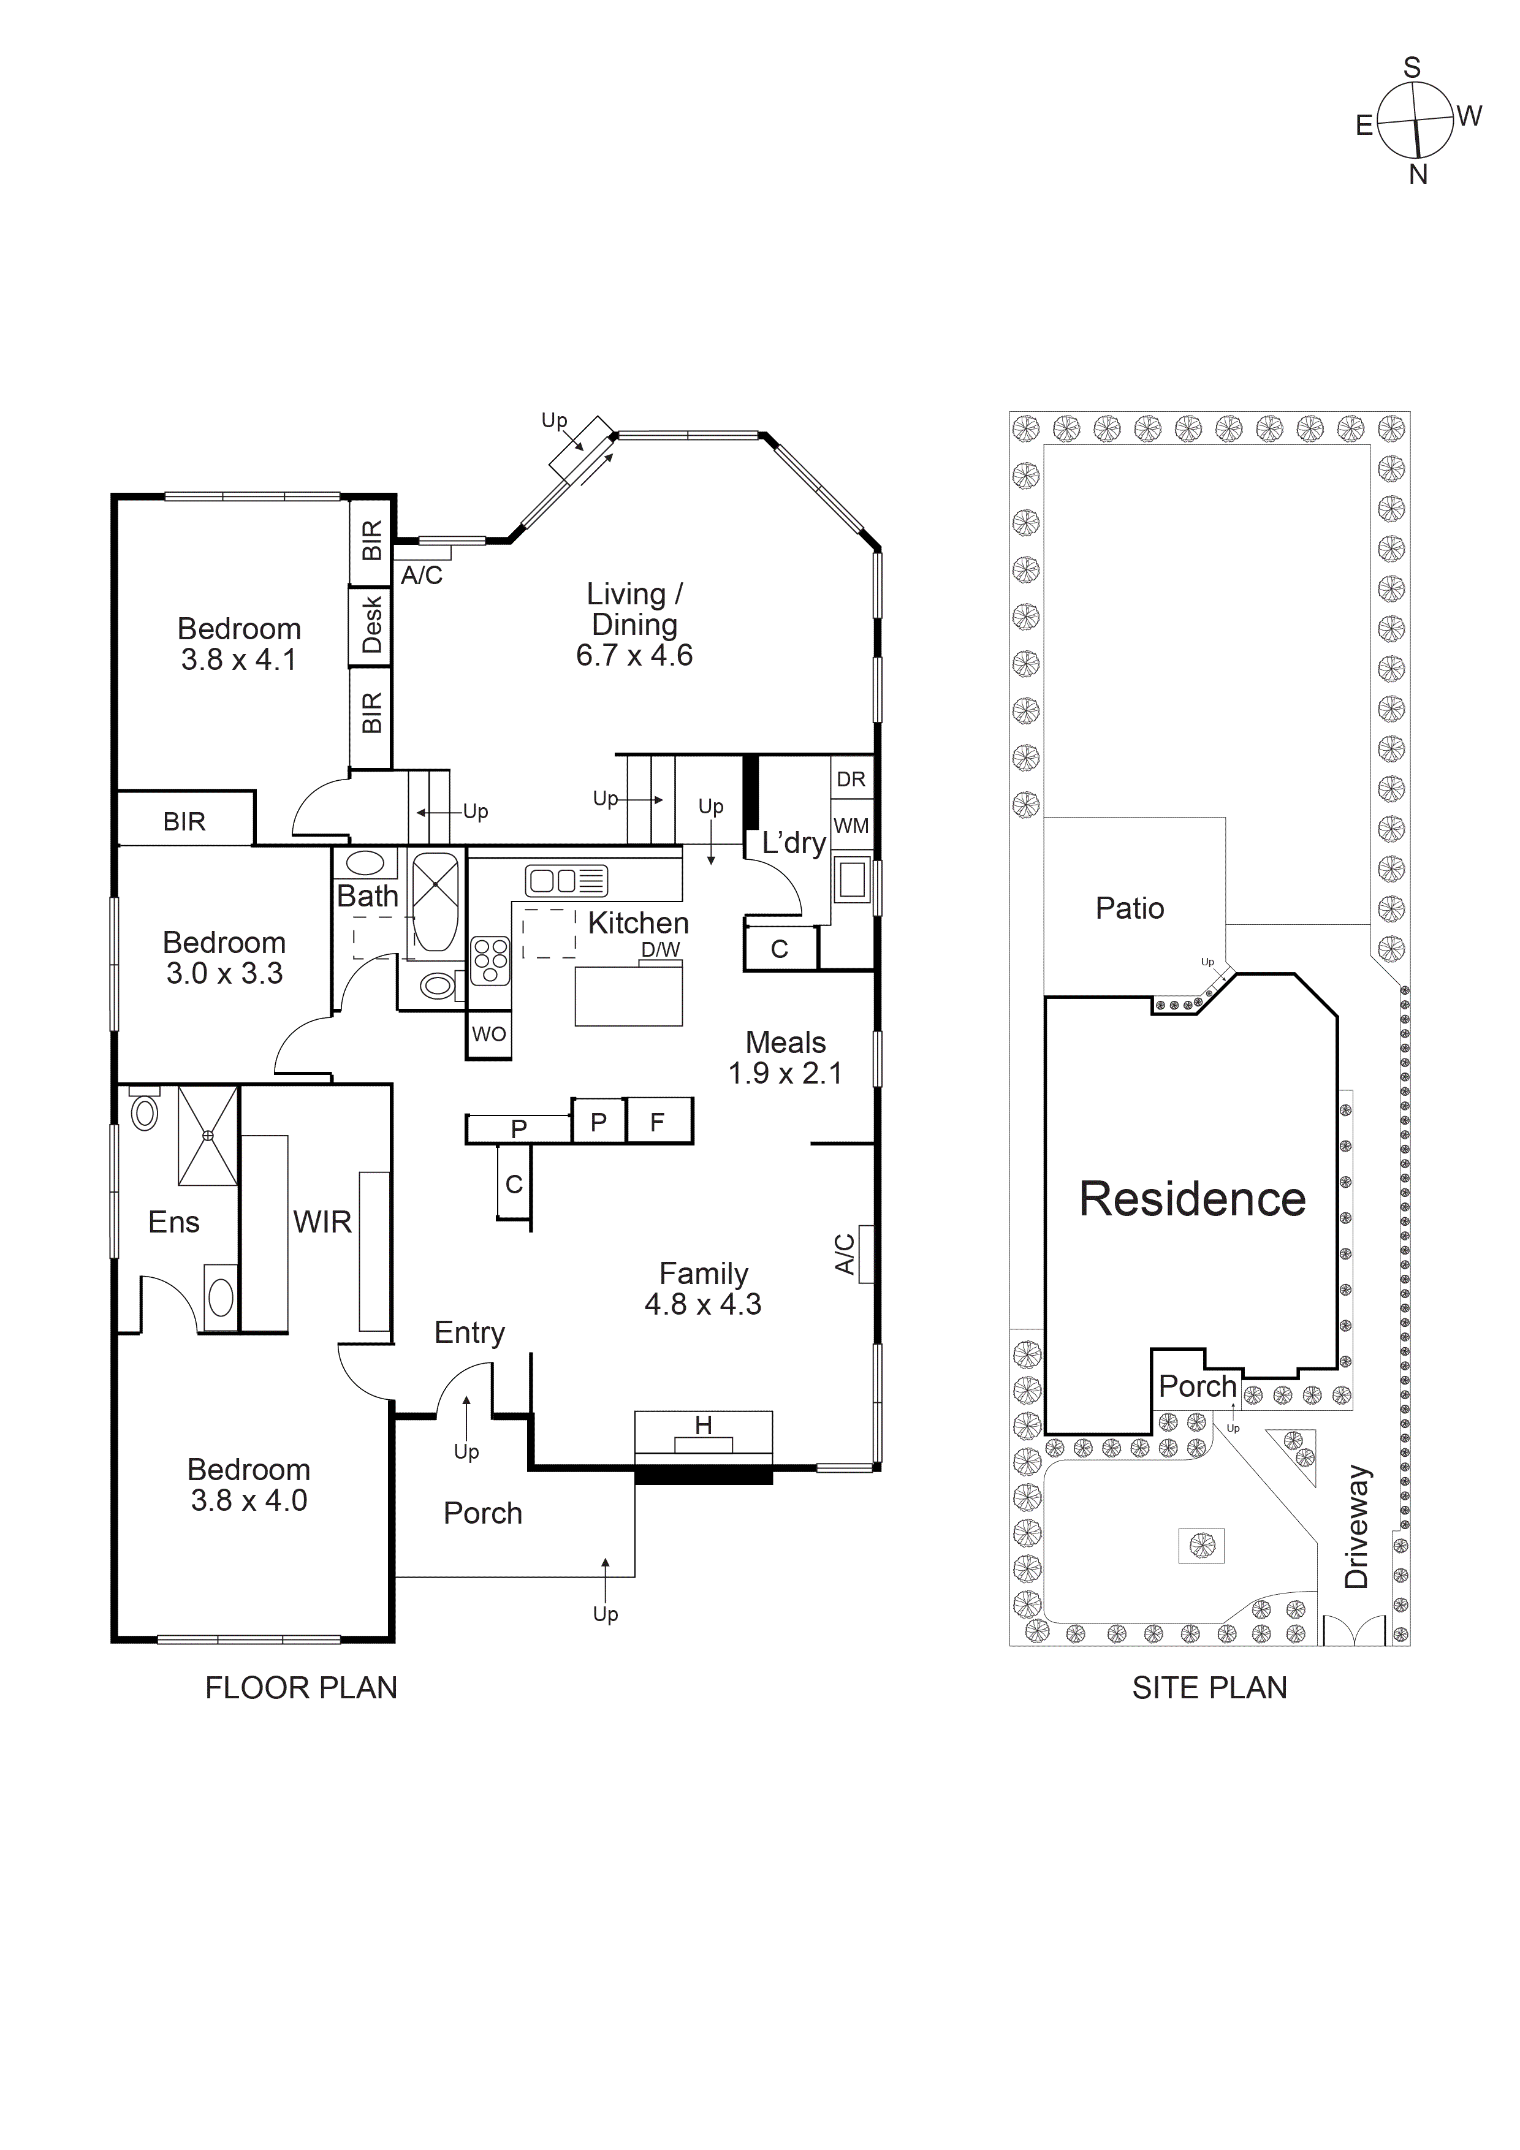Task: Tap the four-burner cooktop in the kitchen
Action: click(490, 961)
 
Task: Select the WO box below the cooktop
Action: click(489, 1034)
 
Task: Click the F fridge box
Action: click(658, 1122)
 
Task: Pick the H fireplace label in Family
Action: click(704, 1425)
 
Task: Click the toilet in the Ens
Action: click(143, 1111)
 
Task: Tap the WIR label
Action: click(322, 1222)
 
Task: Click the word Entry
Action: click(469, 1332)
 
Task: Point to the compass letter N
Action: click(1418, 174)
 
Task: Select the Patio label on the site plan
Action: click(1130, 908)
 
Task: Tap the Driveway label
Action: click(1357, 1526)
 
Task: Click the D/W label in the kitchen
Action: click(660, 949)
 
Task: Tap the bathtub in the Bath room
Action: click(436, 902)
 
